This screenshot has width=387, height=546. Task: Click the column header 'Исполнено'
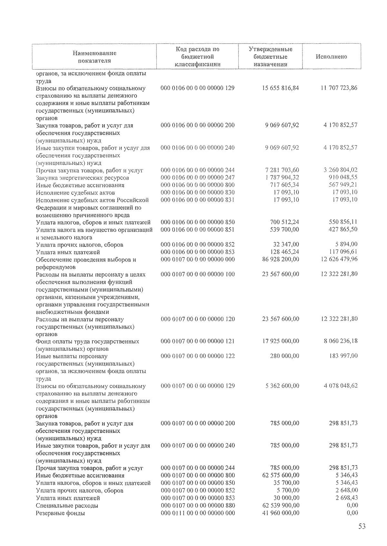click(x=331, y=57)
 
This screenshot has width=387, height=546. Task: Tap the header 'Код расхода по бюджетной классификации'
click(x=197, y=57)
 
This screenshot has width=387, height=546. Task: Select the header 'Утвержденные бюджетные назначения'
click(x=270, y=57)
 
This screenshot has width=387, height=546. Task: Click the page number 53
click(x=362, y=527)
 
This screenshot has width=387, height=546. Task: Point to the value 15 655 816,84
click(x=280, y=88)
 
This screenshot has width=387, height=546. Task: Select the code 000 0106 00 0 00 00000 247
click(x=197, y=178)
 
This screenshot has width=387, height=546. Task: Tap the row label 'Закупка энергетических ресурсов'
click(x=82, y=178)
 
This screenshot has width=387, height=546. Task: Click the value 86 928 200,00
click(x=280, y=259)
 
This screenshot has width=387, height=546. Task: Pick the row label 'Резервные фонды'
click(x=60, y=513)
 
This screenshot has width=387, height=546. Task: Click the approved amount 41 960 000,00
click(x=280, y=513)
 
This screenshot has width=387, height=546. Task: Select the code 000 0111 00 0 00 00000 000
click(x=197, y=513)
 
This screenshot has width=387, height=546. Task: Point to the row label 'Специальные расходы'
click(x=67, y=506)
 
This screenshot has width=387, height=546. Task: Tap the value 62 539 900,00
click(x=280, y=506)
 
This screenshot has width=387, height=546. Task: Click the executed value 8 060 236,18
click(x=340, y=341)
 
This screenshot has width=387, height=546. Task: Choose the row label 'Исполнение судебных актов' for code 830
click(x=75, y=193)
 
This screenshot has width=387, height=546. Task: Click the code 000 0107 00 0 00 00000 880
click(x=197, y=506)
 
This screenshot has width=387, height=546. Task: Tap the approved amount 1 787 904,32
click(x=282, y=178)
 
